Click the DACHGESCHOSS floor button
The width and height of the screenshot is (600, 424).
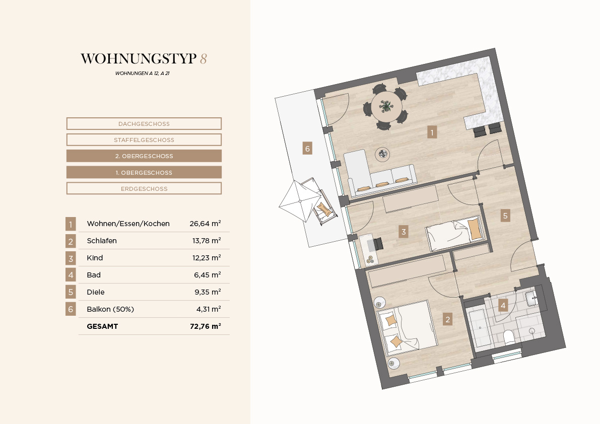point(144,123)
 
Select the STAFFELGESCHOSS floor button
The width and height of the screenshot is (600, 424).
point(144,139)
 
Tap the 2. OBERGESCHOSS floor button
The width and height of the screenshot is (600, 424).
point(144,156)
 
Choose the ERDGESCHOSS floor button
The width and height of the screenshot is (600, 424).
point(144,188)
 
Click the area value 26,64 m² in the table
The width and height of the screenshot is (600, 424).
point(205,223)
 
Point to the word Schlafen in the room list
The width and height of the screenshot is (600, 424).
point(102,241)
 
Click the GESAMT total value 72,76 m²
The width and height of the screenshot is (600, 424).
point(206,326)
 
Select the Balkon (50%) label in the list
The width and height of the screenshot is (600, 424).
point(110,309)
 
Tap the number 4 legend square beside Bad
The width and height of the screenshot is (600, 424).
point(71,275)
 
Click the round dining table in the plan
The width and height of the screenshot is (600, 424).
point(386,106)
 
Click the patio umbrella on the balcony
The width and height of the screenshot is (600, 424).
point(300,201)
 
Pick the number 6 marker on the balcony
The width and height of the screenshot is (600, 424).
point(307,149)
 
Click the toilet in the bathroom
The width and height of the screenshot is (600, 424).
point(508,337)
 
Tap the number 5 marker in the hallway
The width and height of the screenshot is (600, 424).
point(505,216)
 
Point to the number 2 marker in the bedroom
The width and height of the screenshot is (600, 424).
point(447,319)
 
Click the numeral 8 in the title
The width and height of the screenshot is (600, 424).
point(203,58)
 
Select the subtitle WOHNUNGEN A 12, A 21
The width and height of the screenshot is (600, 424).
point(143,73)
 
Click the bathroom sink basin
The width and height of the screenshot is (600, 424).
point(531,298)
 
